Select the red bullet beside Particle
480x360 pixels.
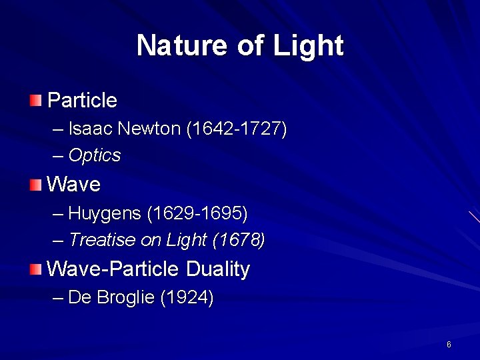coord(35,101)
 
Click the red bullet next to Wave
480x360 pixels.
coord(35,184)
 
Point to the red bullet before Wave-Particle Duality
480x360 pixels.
coord(35,269)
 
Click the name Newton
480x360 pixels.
coord(151,128)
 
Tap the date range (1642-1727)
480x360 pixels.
coord(237,128)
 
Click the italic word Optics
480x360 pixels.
coord(95,156)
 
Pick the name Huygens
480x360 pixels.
coord(105,213)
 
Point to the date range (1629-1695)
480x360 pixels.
coord(197,213)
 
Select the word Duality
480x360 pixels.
coord(218,269)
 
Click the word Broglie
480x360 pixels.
coord(125,297)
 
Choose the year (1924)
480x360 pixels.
coord(187,297)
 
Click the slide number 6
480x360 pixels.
coord(449,344)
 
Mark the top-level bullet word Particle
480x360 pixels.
coord(82,101)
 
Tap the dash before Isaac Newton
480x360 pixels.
coord(58,128)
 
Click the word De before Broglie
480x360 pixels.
coord(80,297)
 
